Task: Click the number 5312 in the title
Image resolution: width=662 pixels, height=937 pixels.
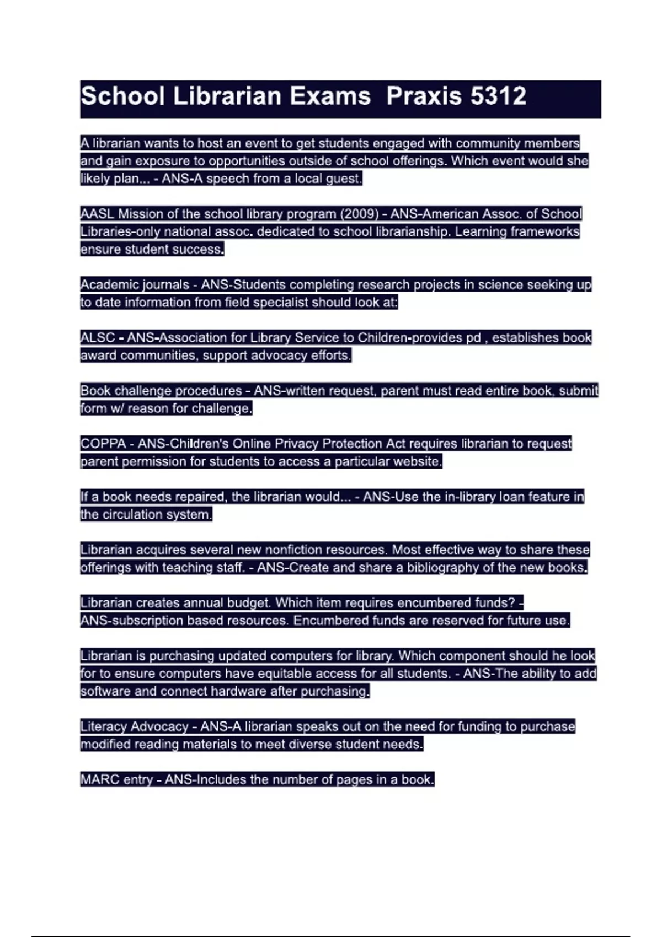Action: point(499,96)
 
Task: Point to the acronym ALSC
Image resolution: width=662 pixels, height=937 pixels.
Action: point(98,337)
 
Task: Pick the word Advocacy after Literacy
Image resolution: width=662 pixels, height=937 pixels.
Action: point(159,726)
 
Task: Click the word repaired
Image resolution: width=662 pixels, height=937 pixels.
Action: point(200,497)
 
